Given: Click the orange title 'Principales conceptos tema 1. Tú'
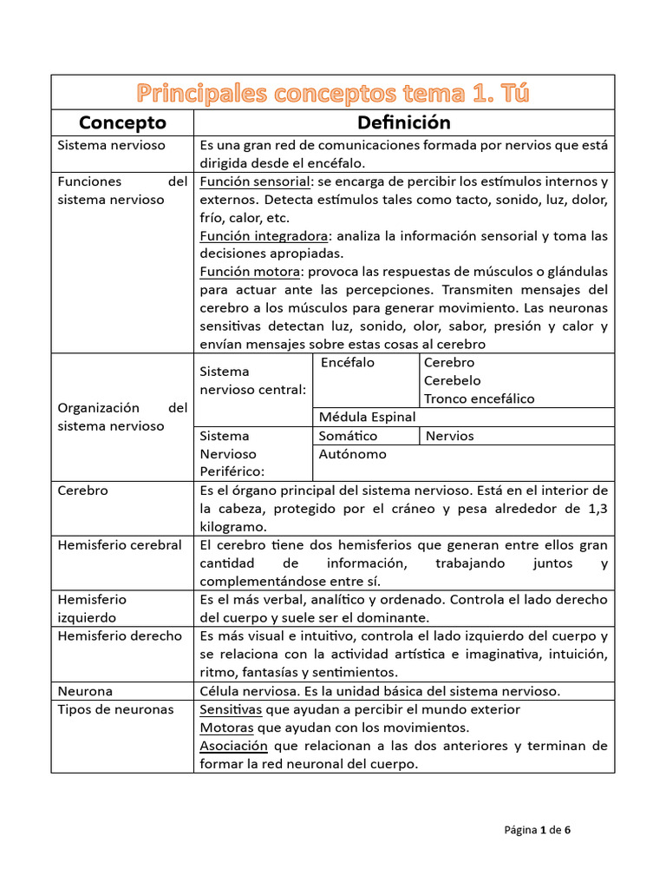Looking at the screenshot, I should click(x=333, y=92).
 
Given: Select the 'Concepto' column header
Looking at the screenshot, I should click(x=122, y=122).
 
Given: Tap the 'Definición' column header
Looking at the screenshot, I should click(x=404, y=122).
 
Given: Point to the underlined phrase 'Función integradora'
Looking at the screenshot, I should click(x=264, y=236).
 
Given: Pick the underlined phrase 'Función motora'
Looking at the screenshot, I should click(x=248, y=272).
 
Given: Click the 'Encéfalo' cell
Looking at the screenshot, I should click(x=348, y=363).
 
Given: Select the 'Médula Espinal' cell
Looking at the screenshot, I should click(x=367, y=417).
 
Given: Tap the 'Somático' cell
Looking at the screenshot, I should click(x=348, y=436).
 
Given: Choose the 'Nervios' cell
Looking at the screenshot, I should click(x=449, y=436).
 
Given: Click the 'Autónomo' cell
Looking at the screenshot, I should click(x=353, y=454).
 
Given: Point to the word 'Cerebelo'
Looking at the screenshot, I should click(x=452, y=381).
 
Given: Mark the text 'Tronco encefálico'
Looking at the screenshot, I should click(x=479, y=399).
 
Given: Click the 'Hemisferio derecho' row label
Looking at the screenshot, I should click(x=120, y=635).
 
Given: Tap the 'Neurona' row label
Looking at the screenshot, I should click(x=85, y=691).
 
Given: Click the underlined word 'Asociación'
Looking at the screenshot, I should click(x=234, y=746).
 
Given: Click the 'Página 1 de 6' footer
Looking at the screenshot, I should click(x=537, y=829).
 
